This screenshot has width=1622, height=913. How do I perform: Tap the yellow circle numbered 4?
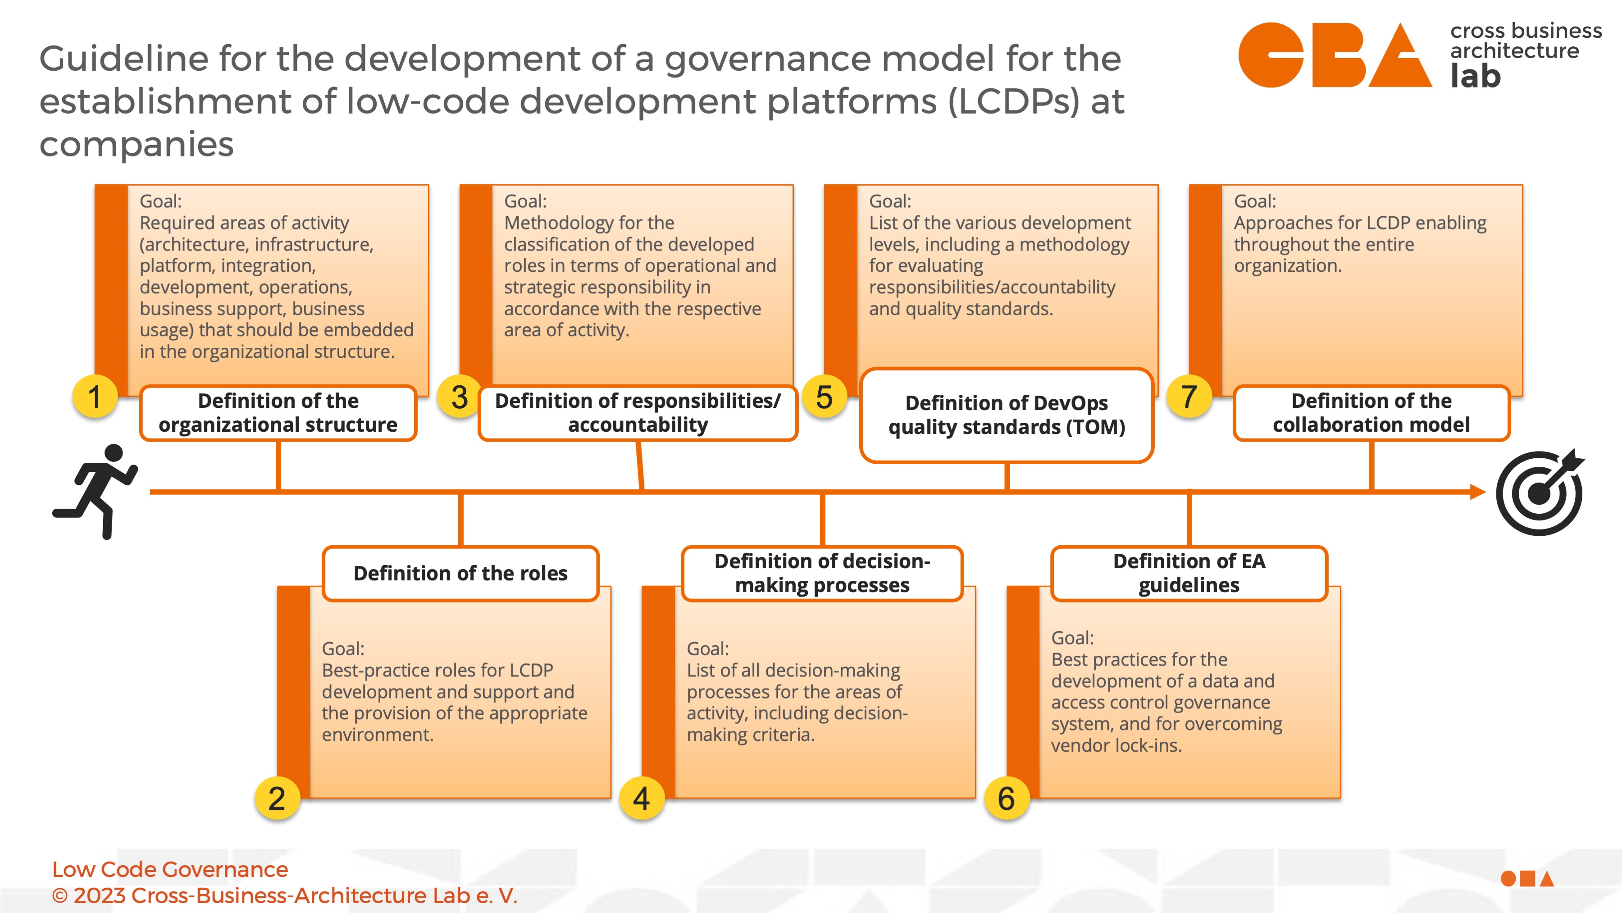pyautogui.click(x=642, y=799)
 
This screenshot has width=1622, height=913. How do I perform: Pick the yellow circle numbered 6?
pyautogui.click(x=1006, y=799)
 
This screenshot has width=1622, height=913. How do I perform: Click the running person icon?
pyautogui.click(x=96, y=491)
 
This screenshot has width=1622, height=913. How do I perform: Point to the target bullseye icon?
pyautogui.click(x=1540, y=492)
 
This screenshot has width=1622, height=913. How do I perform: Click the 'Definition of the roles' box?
pyautogui.click(x=460, y=573)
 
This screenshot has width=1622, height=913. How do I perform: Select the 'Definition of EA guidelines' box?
pyautogui.click(x=1189, y=573)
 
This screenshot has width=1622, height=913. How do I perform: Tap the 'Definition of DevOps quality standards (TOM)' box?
pyautogui.click(x=1006, y=415)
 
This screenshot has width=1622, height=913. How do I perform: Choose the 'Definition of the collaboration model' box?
pyautogui.click(x=1371, y=413)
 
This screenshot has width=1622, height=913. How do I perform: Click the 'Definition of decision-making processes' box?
pyautogui.click(x=822, y=573)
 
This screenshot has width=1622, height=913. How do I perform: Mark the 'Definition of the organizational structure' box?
pyautogui.click(x=278, y=413)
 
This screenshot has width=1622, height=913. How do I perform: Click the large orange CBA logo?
pyautogui.click(x=1335, y=55)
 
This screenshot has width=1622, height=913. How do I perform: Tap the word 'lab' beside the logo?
pyautogui.click(x=1475, y=76)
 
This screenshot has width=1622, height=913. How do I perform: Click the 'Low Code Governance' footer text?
pyautogui.click(x=170, y=870)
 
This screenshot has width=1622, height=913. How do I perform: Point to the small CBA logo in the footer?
pyautogui.click(x=1527, y=878)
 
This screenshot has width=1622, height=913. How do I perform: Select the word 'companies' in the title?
pyautogui.click(x=137, y=144)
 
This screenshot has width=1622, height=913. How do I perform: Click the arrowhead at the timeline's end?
pyautogui.click(x=1478, y=492)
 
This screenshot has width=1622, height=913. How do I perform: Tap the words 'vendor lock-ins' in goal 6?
pyautogui.click(x=1116, y=745)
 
